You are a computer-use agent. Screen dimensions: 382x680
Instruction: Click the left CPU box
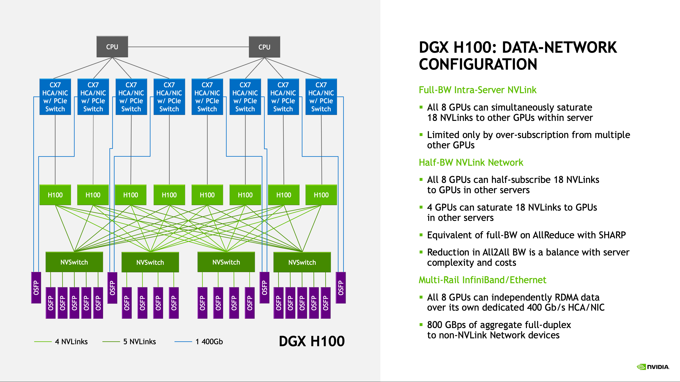(x=112, y=47)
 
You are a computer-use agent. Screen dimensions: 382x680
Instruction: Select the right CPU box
(x=264, y=47)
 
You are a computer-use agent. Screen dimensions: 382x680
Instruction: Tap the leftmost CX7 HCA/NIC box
(x=55, y=97)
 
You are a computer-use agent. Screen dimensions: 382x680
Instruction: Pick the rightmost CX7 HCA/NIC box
(x=321, y=97)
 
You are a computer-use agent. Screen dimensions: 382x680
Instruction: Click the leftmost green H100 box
(x=55, y=195)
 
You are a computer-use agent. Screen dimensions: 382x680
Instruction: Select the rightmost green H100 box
(x=321, y=195)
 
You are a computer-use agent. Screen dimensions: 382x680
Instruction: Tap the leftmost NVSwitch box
(x=74, y=262)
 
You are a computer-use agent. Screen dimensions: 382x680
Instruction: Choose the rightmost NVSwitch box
(x=302, y=262)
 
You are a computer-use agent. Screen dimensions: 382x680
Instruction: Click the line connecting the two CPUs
(x=188, y=47)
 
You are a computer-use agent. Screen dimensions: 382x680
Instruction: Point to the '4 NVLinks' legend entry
(x=71, y=342)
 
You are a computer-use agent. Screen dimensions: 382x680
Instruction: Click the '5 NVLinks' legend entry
(x=139, y=342)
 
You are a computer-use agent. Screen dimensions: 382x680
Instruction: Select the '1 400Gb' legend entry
(x=209, y=342)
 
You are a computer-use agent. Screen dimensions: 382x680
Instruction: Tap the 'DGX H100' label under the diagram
(x=312, y=341)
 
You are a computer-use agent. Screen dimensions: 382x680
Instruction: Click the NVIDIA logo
(x=653, y=367)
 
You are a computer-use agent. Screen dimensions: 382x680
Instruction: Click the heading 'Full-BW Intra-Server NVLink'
(x=477, y=90)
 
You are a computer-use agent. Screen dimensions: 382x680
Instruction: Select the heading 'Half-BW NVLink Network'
(x=471, y=163)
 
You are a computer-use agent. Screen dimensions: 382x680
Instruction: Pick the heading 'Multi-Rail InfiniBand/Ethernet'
(x=482, y=280)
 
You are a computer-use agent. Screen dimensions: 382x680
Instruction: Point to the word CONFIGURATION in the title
(x=478, y=64)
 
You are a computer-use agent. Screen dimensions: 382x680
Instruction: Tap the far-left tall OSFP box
(x=36, y=287)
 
